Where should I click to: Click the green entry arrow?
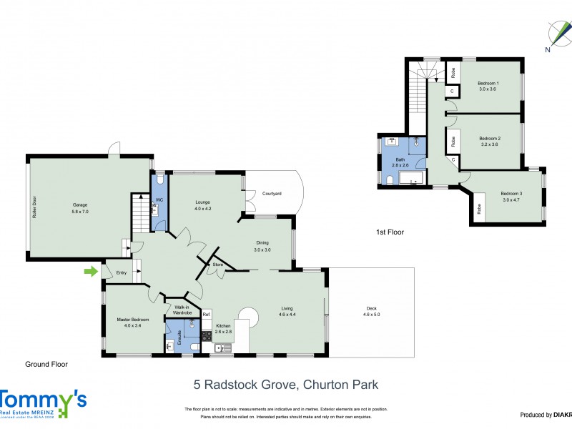[x=91, y=271]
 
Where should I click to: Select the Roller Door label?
[x=34, y=207]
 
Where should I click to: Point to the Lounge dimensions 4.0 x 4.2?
[x=203, y=209]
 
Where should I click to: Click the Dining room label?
[x=262, y=243]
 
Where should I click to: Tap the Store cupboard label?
[x=219, y=265]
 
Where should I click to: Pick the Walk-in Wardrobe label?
[x=181, y=310]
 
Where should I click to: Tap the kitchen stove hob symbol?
[x=206, y=334]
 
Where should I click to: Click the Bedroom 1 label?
[x=488, y=84]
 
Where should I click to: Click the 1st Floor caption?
[x=390, y=232]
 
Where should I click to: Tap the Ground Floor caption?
[x=46, y=364]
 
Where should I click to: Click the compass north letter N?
[x=547, y=49]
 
